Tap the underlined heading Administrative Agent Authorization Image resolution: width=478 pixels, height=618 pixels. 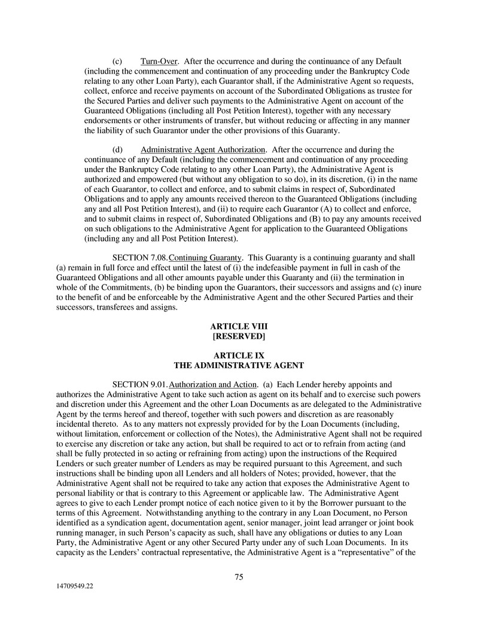(203, 149)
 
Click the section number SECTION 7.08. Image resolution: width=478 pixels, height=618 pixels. (141, 258)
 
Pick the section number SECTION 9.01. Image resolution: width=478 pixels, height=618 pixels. (141, 384)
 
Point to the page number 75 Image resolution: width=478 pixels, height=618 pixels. (239, 577)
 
